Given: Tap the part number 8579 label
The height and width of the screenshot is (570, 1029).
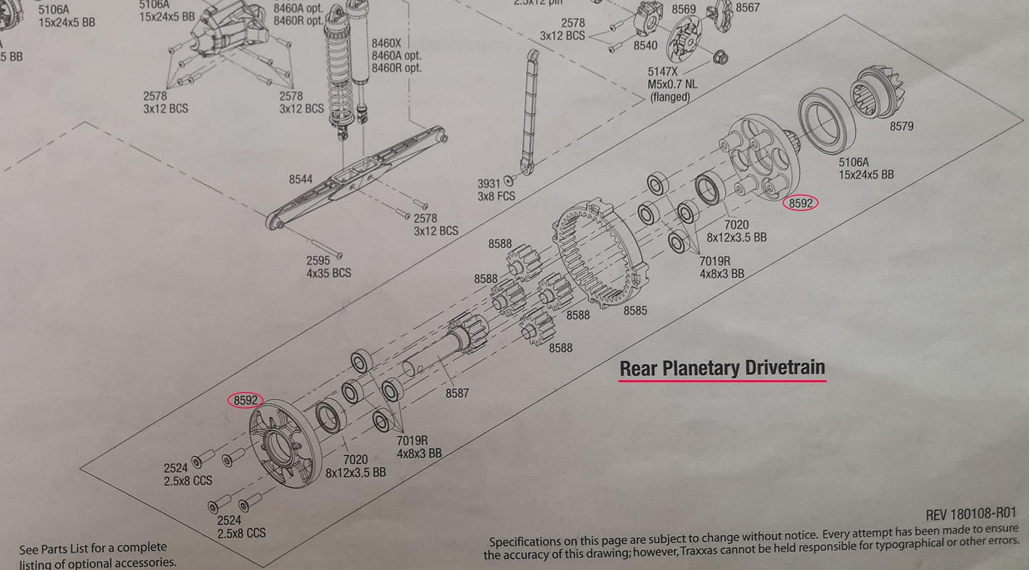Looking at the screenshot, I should pos(901,126).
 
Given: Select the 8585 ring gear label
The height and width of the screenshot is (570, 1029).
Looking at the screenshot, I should pos(635,311).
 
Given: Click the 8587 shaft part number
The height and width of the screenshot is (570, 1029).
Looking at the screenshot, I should pos(457,394).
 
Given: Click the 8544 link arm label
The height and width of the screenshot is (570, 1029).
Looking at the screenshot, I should pos(300,179).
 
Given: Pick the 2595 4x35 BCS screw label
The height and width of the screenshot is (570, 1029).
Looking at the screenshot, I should pos(328,266).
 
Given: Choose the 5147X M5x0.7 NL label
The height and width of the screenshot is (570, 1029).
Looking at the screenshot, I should pos(672,84).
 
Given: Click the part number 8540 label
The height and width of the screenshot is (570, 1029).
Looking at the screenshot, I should pos(645,45).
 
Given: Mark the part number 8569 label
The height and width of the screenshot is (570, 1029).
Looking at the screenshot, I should pos(683,9).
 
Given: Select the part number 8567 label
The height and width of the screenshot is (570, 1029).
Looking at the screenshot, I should pos(747,8).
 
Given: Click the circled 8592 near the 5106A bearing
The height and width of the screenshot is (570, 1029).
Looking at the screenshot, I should pos(800,203).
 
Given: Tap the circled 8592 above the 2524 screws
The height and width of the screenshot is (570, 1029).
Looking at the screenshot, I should pos(245,400).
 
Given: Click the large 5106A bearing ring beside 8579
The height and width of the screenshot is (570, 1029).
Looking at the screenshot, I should pos(827,122).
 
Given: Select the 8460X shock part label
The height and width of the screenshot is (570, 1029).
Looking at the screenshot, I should pos(386,43).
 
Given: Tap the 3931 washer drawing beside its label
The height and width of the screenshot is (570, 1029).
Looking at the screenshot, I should pos(509,180).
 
